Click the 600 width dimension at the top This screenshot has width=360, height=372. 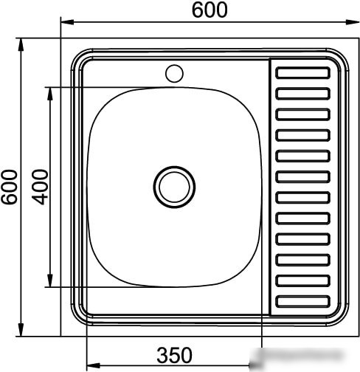210,10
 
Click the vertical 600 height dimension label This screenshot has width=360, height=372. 10,187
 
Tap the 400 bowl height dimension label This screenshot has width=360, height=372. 40,187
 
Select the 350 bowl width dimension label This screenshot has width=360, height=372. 174,355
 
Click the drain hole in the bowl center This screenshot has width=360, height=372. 174,187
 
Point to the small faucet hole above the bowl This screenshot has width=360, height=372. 174,73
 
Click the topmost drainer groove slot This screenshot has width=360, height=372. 302,73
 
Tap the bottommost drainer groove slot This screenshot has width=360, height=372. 302,301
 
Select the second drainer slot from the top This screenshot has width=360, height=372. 302,94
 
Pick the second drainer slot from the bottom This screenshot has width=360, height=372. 302,280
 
